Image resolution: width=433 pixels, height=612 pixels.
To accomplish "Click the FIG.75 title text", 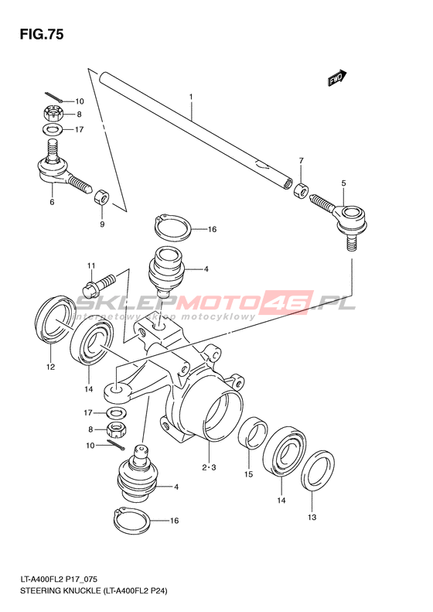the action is [41, 35].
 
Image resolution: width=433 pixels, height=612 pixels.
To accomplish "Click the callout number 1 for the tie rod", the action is [191, 96].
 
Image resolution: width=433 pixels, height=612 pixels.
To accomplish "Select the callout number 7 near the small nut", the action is [301, 160].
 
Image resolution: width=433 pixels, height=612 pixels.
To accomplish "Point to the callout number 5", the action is [343, 183].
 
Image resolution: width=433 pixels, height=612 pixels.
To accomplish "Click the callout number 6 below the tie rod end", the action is [52, 202].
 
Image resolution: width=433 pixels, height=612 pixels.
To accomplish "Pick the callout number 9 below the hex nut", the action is [102, 224].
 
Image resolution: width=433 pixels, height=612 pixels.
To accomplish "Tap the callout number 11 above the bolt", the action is [91, 266].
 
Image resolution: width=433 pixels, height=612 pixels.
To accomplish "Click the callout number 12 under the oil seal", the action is [51, 367].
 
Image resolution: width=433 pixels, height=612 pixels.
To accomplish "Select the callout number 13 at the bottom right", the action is [312, 517].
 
